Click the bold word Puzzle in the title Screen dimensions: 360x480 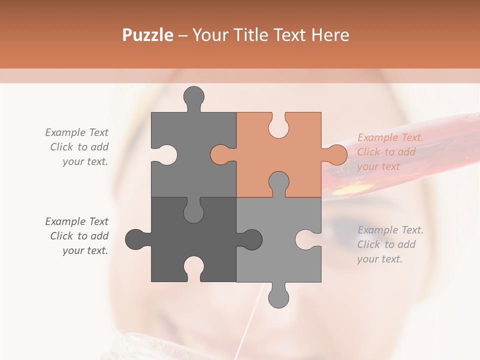148,35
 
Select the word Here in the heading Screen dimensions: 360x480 330,35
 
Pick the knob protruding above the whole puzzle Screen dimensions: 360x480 193,97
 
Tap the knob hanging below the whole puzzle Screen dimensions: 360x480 278,296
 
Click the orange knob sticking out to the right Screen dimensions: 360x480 335,154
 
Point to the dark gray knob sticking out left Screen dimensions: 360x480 135,239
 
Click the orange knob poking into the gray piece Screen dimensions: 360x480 220,154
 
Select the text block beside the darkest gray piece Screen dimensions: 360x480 78,236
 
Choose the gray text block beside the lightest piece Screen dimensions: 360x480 390,244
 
